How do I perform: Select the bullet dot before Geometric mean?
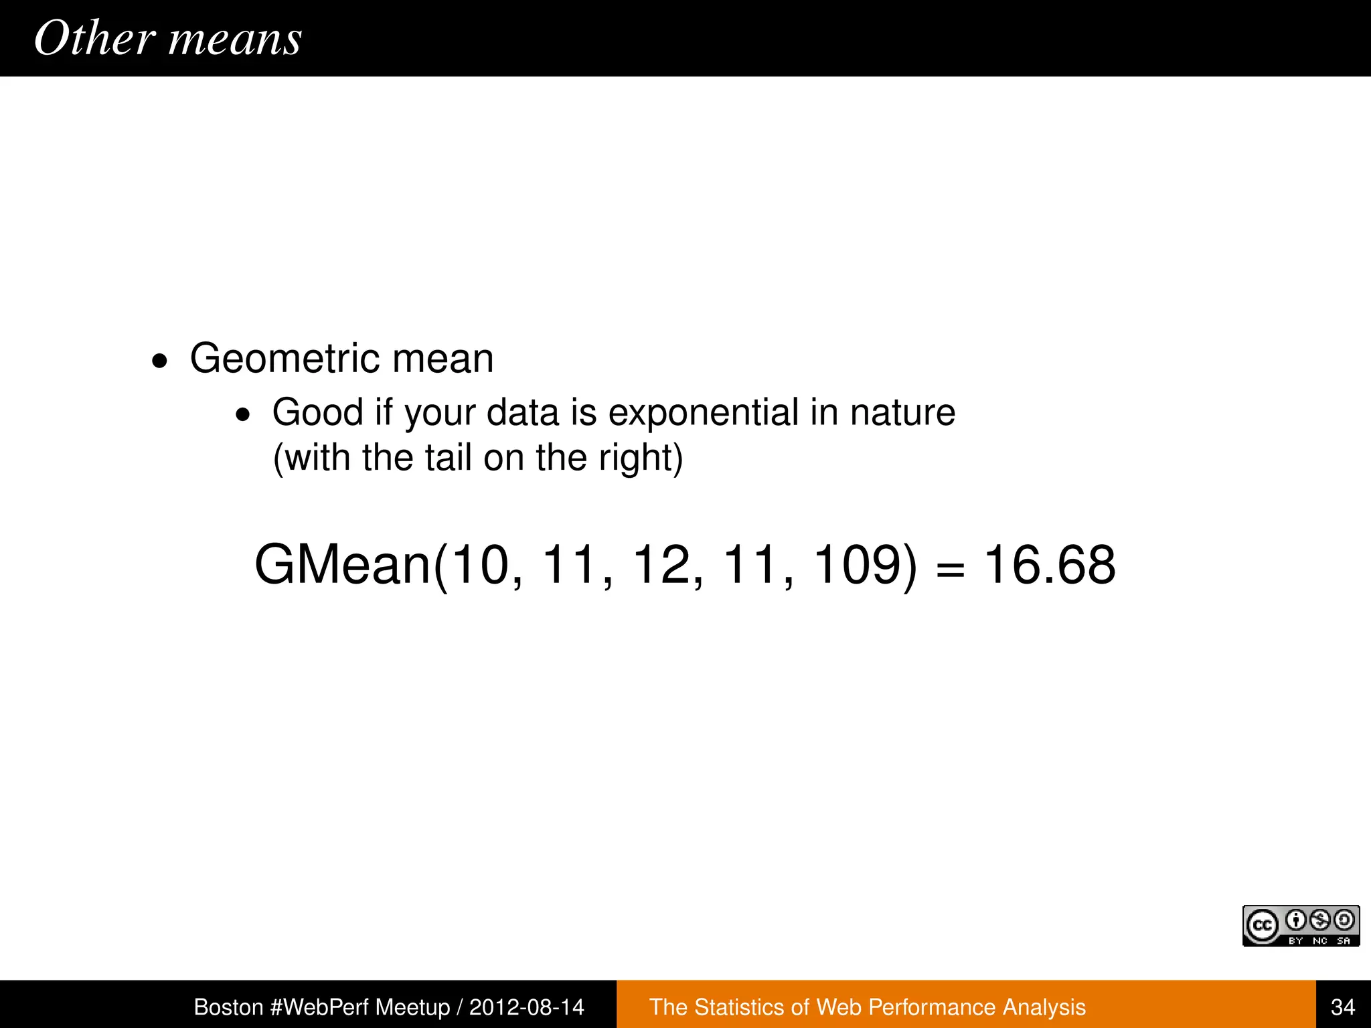(159, 362)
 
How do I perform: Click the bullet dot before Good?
(242, 416)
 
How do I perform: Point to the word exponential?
(703, 412)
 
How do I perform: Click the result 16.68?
(1049, 566)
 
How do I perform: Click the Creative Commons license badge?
(1301, 926)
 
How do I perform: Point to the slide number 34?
(1343, 1007)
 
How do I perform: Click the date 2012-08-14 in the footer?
(526, 1007)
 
